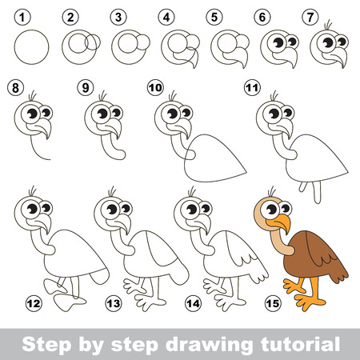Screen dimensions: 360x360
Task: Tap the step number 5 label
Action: coord(212,15)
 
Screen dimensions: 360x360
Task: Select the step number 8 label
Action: coord(14,86)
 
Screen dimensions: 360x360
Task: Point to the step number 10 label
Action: coord(154,86)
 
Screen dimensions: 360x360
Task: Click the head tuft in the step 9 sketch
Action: coord(103,97)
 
